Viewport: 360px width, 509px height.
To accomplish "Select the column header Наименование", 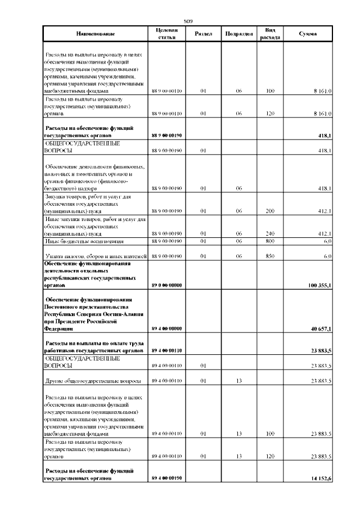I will [95, 34].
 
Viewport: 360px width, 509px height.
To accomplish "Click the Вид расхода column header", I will [269, 34].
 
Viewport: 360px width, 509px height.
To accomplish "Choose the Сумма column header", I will [308, 34].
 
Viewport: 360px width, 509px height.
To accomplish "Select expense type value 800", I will [269, 241].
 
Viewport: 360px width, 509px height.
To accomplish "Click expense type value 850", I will [269, 256].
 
